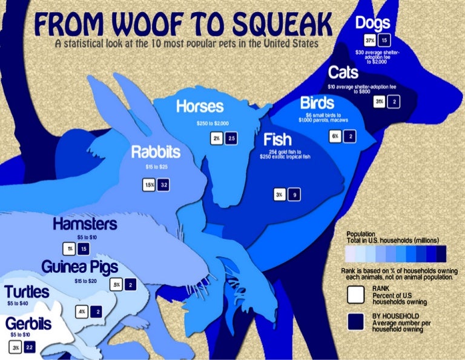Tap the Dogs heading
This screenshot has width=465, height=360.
coord(373,24)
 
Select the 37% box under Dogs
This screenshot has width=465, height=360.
coord(370,40)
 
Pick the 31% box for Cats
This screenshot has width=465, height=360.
coord(380,101)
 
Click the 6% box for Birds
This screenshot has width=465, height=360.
coord(335,136)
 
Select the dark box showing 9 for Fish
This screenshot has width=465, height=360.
coord(295,195)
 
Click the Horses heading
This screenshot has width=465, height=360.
coord(200,107)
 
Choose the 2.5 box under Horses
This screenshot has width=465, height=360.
coord(231,138)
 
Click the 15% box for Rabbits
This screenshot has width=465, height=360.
coord(149,185)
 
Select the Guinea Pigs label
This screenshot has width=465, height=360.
coord(79,267)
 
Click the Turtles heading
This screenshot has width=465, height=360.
coord(27,292)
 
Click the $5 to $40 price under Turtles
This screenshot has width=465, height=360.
coord(18,303)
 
